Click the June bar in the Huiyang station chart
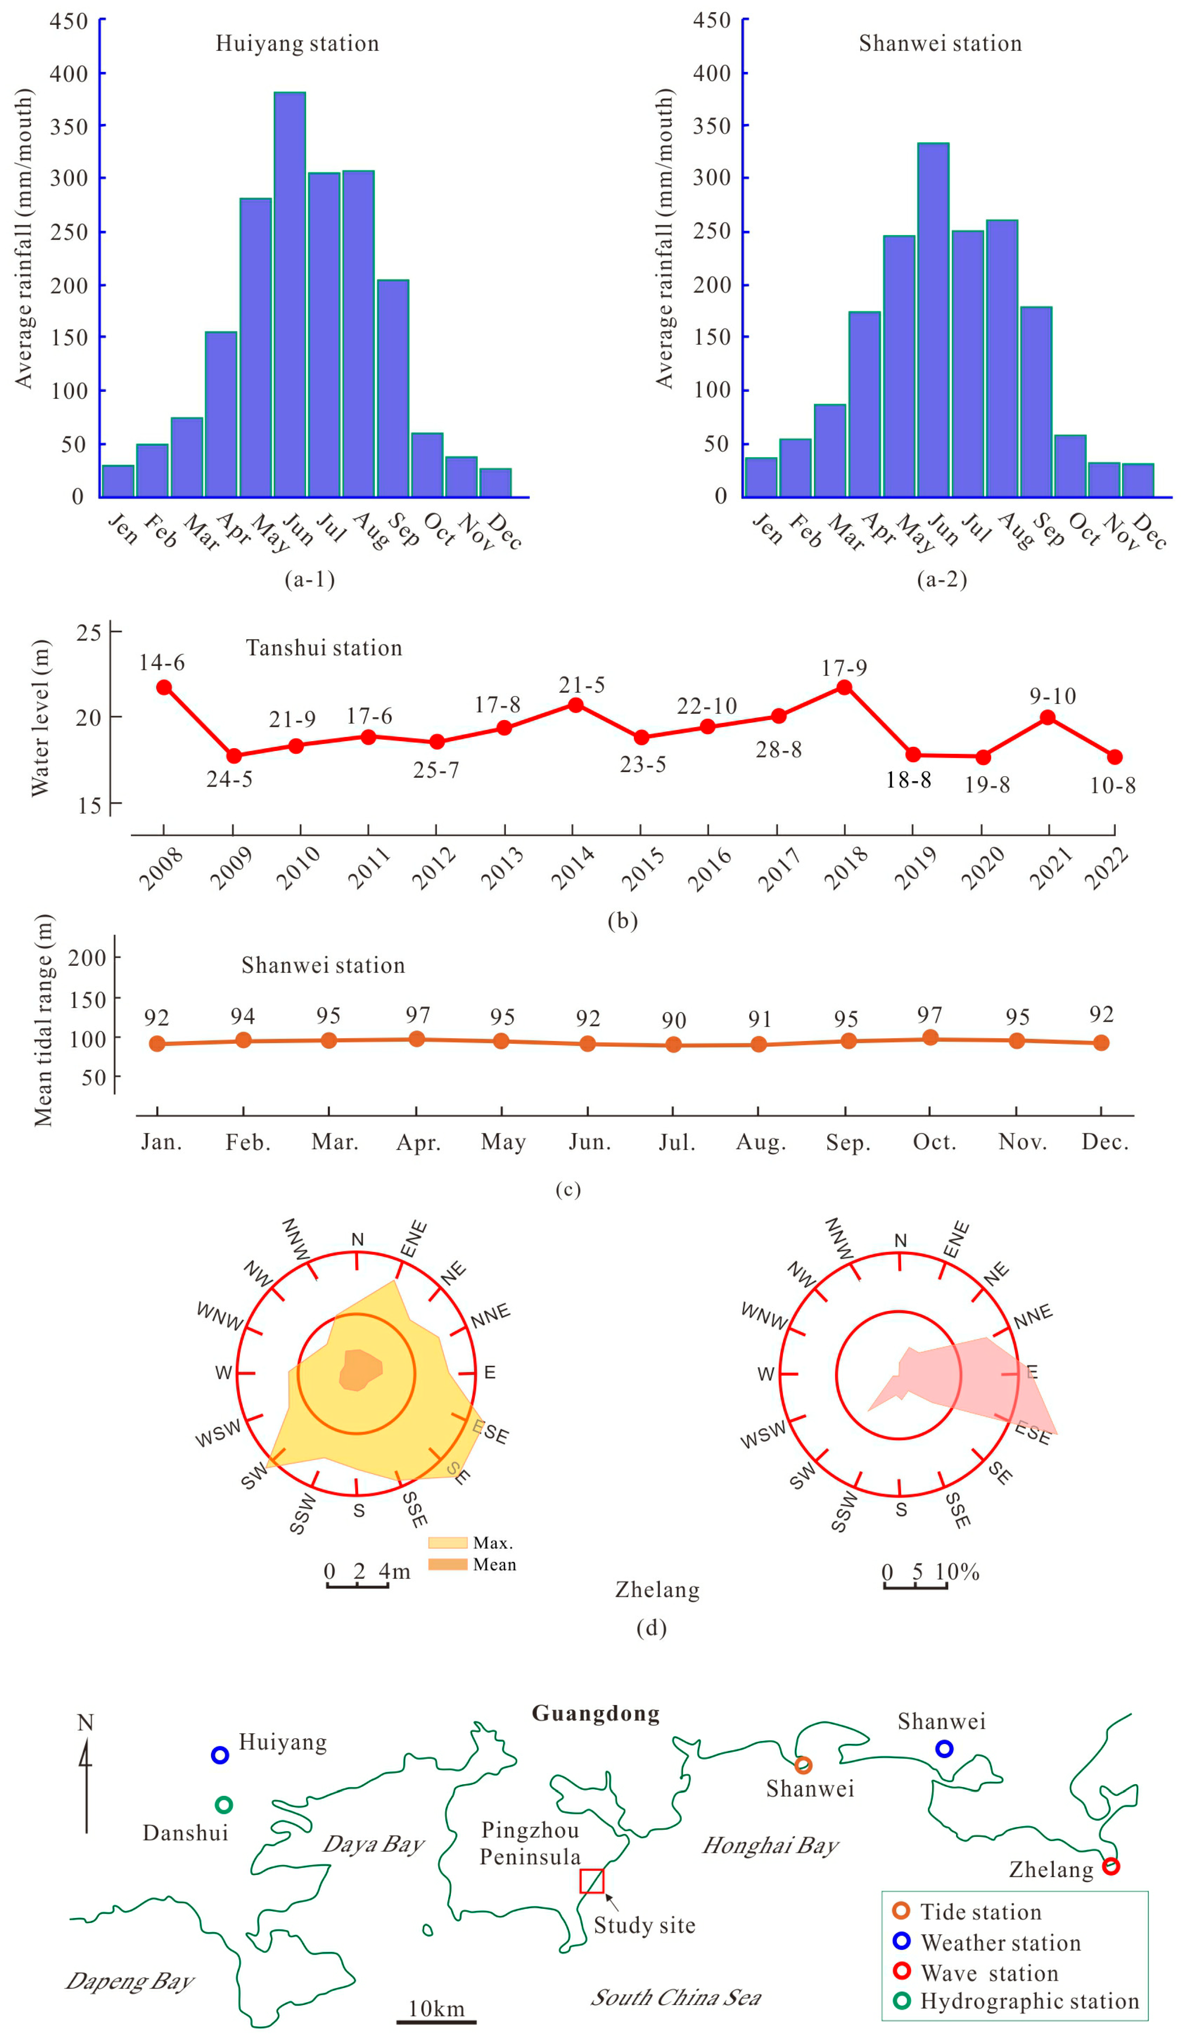pos(289,295)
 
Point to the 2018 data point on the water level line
pos(844,687)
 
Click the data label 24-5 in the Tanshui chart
pos(230,779)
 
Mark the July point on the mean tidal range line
pos(673,1045)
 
